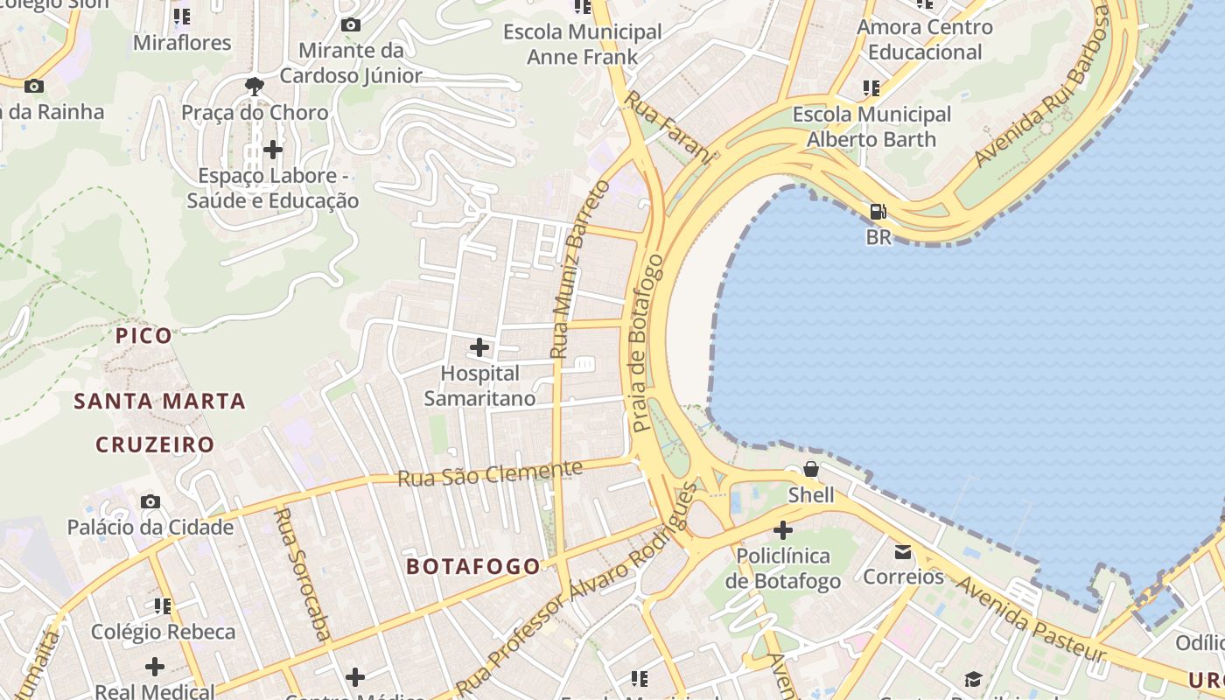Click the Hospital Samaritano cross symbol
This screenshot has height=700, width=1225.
479,347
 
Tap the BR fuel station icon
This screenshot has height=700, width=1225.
878,212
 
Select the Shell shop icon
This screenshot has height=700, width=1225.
811,469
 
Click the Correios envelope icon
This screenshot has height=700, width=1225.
902,552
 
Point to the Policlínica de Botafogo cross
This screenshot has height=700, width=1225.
783,530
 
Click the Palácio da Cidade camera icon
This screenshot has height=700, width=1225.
150,501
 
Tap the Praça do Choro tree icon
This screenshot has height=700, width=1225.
255,86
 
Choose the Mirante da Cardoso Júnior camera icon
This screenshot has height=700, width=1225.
351,24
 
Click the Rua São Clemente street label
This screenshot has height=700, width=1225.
490,473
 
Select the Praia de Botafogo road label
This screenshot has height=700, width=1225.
647,343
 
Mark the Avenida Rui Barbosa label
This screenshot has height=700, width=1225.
1042,87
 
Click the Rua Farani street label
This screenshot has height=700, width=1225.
668,126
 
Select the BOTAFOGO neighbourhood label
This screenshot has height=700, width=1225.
473,566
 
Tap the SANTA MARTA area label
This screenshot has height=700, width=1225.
159,402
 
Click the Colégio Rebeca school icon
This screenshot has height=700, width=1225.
163,605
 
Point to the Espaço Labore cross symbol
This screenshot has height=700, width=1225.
273,150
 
